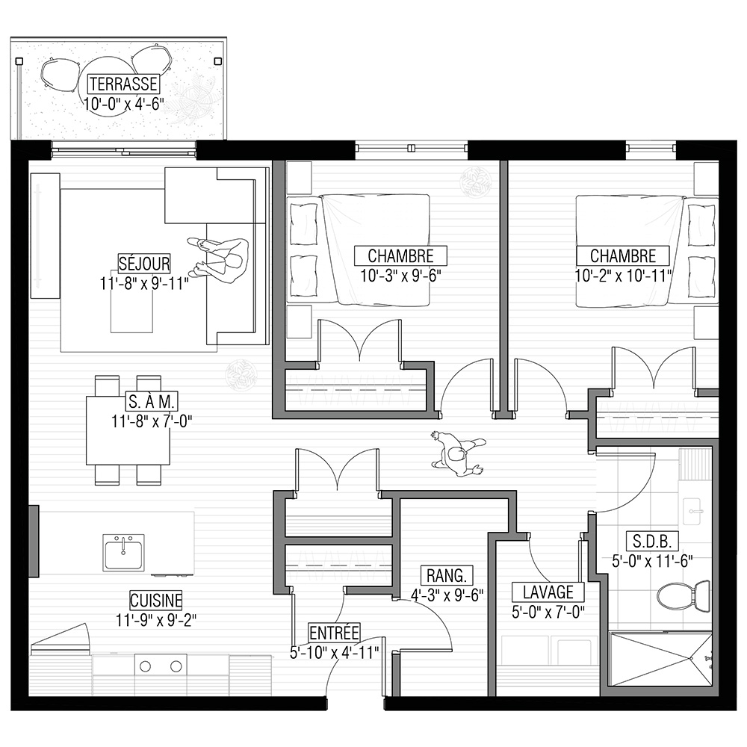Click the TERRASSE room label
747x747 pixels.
point(123,84)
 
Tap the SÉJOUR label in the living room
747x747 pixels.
point(144,264)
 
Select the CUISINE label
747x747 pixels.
point(156,600)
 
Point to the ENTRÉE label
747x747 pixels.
point(334,633)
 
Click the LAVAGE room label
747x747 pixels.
point(548,592)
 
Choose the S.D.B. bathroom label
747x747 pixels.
point(652,542)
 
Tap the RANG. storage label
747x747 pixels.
point(447,575)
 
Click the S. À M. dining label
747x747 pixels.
point(152,401)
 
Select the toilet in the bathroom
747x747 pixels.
point(684,595)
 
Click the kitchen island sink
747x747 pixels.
point(123,552)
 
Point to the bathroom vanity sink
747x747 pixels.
point(696,512)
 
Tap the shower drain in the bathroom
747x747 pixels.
point(691,660)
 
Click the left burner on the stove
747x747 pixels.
point(146,666)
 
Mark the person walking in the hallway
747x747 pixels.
point(457,453)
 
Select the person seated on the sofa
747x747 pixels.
point(220,257)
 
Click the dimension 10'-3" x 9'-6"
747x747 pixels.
point(400,276)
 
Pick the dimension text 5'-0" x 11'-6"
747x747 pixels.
point(652,561)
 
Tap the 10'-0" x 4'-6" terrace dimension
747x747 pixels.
point(124,103)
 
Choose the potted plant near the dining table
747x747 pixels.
point(241,374)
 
